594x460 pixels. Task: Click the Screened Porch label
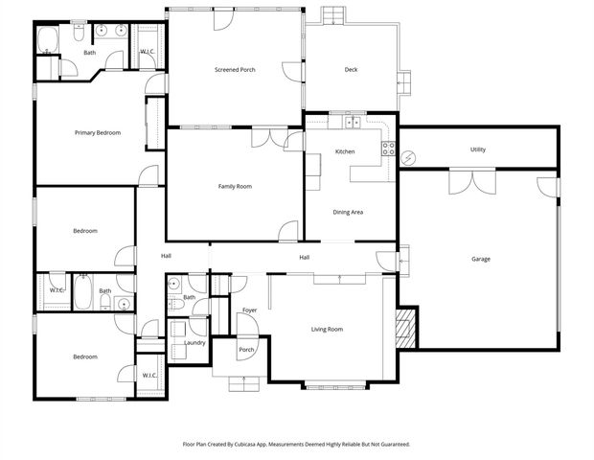coord(234,70)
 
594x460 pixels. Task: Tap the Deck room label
coord(352,70)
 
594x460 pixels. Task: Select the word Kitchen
coord(345,152)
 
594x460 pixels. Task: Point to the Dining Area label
coord(348,212)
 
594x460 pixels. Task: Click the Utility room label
coord(478,149)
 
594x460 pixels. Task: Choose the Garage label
coord(480,259)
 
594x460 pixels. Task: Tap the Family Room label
coord(234,186)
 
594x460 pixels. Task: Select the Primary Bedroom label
coord(98,132)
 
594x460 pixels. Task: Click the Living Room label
coord(327,330)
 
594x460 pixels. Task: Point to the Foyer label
coord(249,310)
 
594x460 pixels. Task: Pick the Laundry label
coord(195,342)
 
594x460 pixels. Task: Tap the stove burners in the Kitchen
coord(388,149)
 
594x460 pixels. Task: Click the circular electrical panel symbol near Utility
coord(409,156)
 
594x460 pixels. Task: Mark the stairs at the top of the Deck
coord(333,15)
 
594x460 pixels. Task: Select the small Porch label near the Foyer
coord(246,350)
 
